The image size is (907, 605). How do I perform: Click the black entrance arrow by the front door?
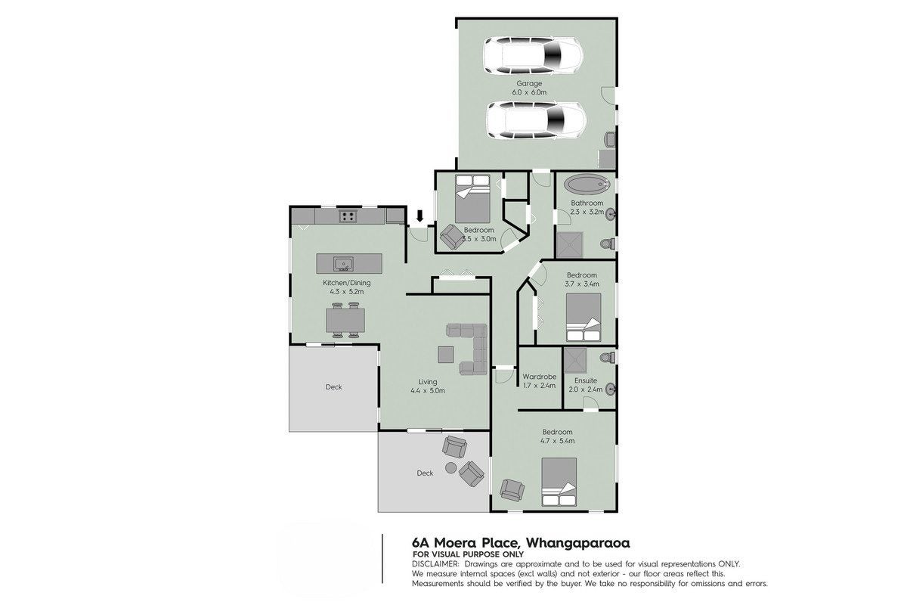pos(420,216)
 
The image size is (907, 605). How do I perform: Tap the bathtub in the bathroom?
pos(587,185)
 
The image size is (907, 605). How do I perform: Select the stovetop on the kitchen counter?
pos(348,216)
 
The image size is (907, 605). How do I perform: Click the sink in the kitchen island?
pos(343,264)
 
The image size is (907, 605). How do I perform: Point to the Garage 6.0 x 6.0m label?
pos(529,88)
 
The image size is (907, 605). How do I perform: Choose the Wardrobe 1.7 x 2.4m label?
pos(540,381)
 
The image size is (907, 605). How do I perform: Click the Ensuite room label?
pos(586,380)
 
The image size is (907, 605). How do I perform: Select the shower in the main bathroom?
pos(570,245)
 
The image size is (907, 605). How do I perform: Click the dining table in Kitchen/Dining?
pos(346,320)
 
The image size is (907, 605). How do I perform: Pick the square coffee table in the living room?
pos(446,355)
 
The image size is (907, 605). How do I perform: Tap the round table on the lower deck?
pos(451,468)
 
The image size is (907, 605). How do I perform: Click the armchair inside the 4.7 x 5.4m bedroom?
pos(512,490)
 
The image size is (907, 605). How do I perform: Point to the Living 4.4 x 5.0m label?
pos(428,386)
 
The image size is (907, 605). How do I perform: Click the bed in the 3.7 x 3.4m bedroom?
pos(584,318)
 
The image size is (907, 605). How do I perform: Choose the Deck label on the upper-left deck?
pos(333,387)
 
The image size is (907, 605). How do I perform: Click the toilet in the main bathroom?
pos(608,244)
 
